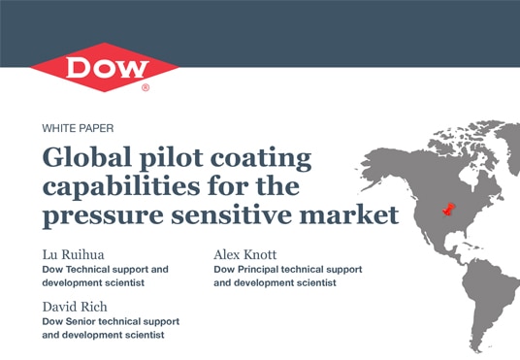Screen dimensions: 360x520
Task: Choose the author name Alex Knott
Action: [246, 254]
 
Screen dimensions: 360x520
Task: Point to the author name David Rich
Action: [77, 307]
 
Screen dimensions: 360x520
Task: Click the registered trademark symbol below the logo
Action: [146, 87]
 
